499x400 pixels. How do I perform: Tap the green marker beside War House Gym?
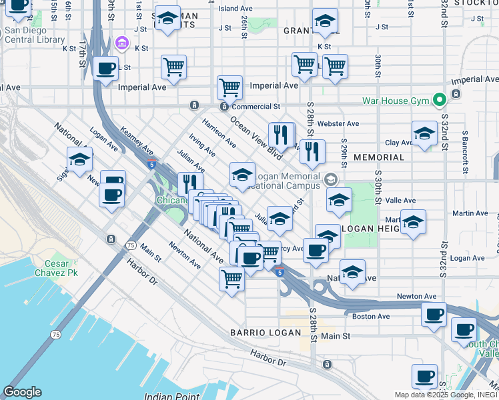438,101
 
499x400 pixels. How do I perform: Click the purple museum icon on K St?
121,44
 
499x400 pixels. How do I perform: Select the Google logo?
22,392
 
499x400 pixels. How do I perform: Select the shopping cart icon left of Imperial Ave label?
229,87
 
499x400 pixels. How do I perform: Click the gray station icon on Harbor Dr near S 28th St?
327,365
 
